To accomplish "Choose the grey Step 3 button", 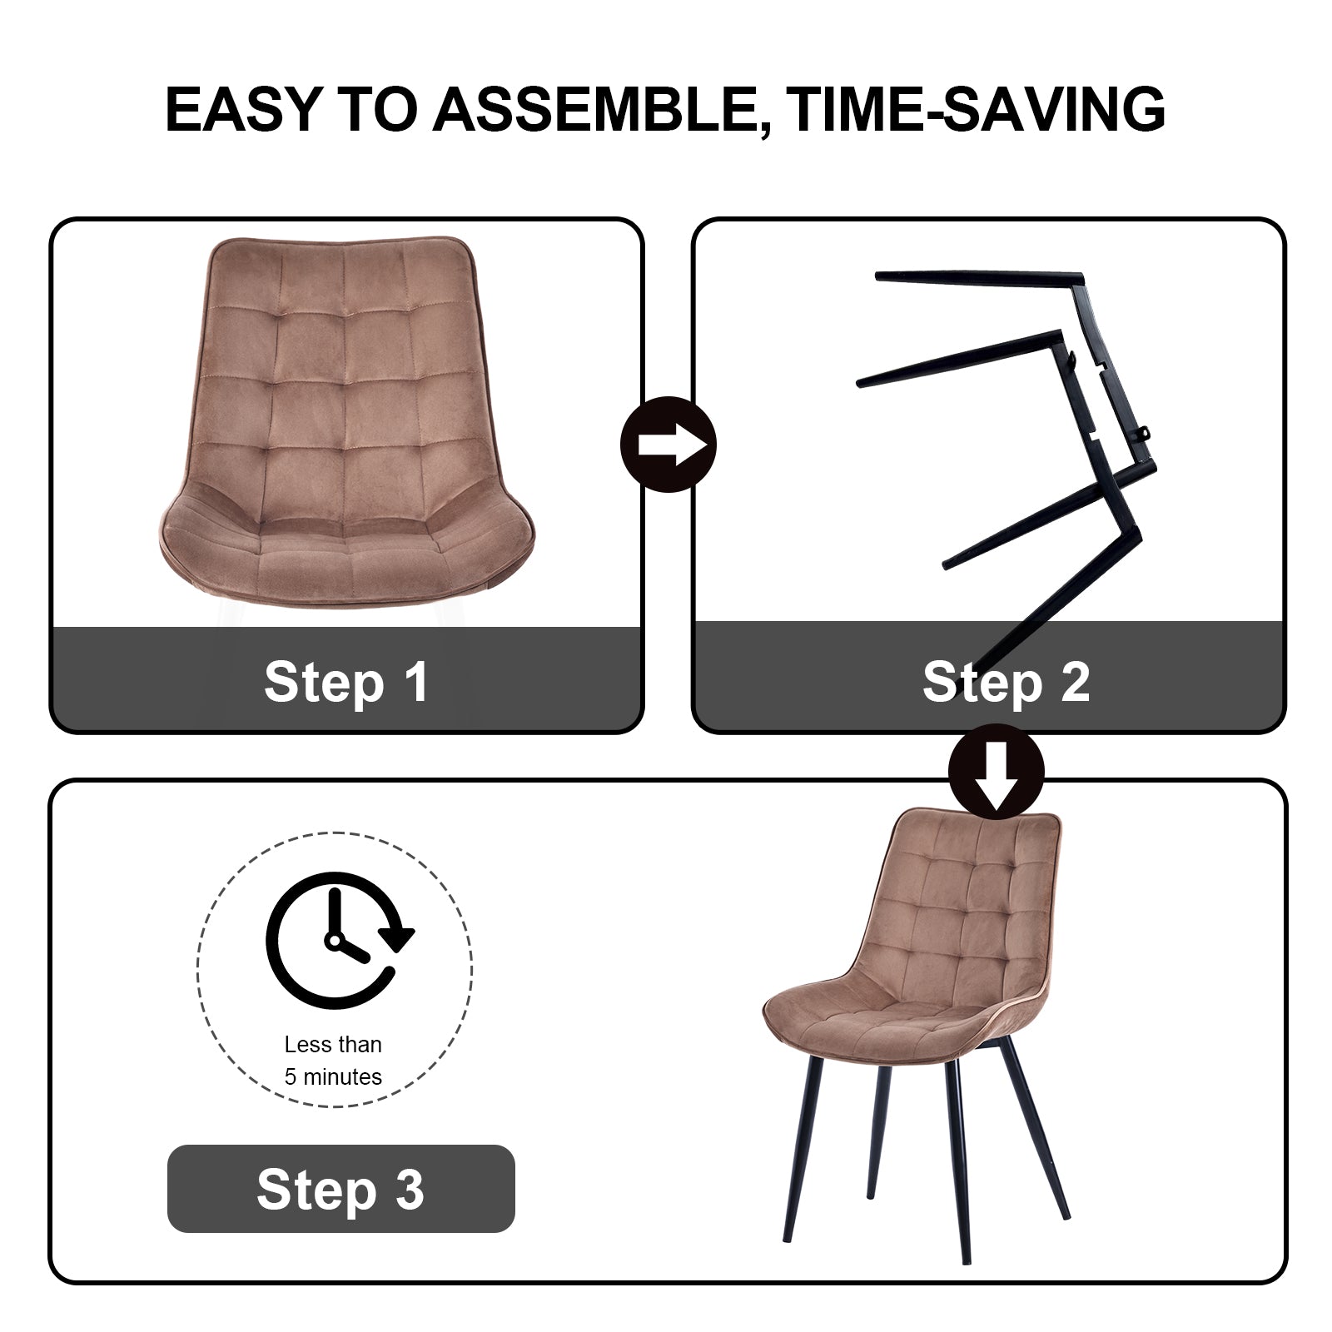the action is click(341, 1189).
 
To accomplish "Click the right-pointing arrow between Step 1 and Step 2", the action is click(669, 445).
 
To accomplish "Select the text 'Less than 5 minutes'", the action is click(333, 1061).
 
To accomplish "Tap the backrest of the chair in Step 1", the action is click(345, 358).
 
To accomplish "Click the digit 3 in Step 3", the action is click(409, 1189).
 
